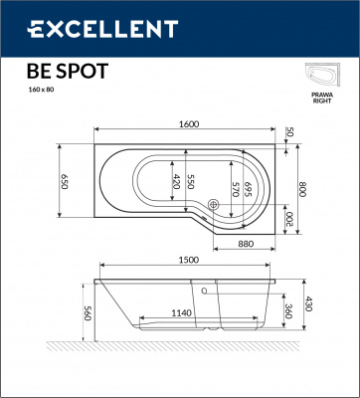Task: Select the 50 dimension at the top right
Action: tap(290, 132)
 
